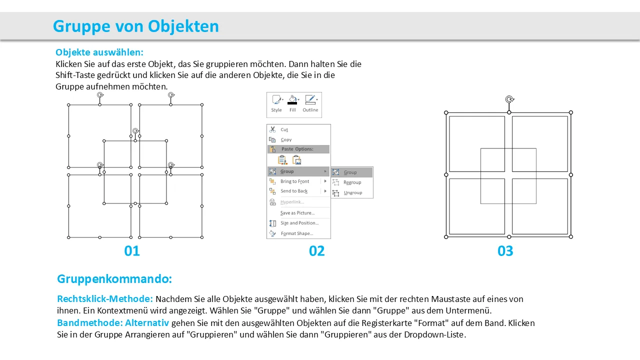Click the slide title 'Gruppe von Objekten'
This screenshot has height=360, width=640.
click(x=135, y=26)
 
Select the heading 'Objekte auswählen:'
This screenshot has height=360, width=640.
click(x=99, y=52)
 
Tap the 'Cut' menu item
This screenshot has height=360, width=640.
click(x=284, y=129)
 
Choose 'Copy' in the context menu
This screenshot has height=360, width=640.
click(x=286, y=139)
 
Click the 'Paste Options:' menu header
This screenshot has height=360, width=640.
click(x=297, y=149)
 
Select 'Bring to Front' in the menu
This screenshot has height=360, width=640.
click(x=294, y=181)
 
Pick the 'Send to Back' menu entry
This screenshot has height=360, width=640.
click(x=294, y=191)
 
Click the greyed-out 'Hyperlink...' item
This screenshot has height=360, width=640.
click(x=292, y=202)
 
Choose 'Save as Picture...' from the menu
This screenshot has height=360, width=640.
click(x=297, y=213)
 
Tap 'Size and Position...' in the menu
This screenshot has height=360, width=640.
click(x=299, y=223)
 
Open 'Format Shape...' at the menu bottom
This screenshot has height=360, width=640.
click(x=297, y=233)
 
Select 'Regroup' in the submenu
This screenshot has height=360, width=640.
click(x=352, y=182)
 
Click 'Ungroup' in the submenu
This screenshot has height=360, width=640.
click(x=353, y=192)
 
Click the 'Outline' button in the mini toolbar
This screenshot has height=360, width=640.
click(x=310, y=103)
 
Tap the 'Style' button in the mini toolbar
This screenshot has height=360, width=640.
click(x=276, y=103)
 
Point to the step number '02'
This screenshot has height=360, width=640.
click(x=317, y=251)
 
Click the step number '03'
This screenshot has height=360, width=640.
click(x=505, y=251)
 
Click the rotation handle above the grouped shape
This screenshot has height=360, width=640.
click(x=509, y=99)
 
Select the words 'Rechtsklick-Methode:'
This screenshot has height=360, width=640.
click(x=105, y=299)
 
